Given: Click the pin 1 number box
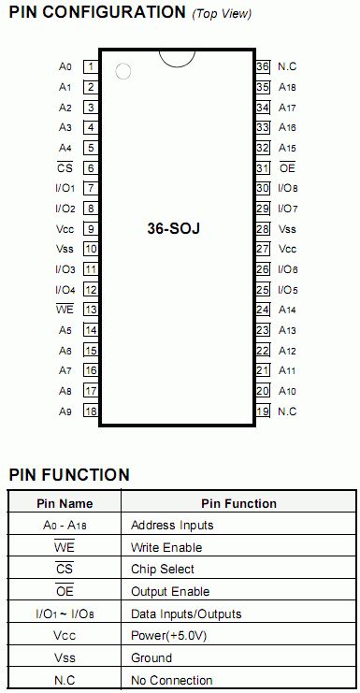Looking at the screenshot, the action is [91, 67].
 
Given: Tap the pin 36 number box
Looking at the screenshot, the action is [263, 67].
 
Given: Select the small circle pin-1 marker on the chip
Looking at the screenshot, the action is [123, 71].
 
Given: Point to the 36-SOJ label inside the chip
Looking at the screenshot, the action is [174, 229].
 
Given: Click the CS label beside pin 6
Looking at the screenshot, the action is [65, 168].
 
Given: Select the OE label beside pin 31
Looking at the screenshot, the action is [287, 168].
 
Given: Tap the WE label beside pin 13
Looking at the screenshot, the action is [65, 310].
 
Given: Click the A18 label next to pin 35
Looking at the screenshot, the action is [287, 88].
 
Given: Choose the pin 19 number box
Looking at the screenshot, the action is [263, 411].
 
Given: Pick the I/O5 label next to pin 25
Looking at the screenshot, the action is [288, 290].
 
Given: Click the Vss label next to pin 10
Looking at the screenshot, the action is [65, 250].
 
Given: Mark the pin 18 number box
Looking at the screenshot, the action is [91, 411].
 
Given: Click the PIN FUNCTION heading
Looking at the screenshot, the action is [69, 475].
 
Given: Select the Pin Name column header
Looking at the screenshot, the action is [65, 503].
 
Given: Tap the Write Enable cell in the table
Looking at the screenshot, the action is [166, 548].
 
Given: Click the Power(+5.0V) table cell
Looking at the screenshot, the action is [169, 636].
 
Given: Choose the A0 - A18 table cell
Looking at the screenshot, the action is [65, 526].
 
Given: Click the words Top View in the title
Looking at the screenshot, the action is [223, 14].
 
